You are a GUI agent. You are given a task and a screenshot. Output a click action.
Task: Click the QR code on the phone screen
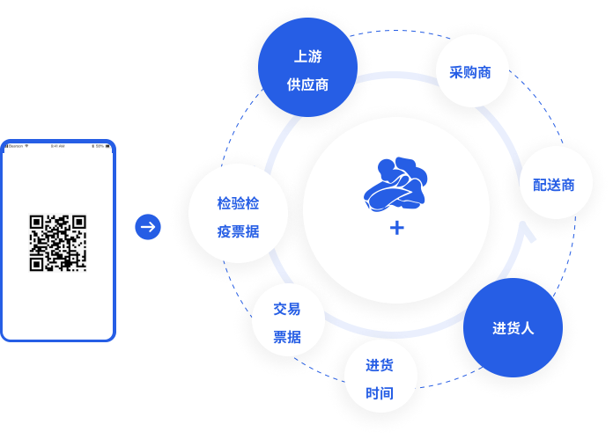[x=58, y=242]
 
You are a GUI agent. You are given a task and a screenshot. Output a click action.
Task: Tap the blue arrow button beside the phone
[x=148, y=227]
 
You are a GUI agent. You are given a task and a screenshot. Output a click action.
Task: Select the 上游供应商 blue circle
[x=307, y=68]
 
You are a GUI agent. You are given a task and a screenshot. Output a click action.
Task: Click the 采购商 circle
[x=472, y=71]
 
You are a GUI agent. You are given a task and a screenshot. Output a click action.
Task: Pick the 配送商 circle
[x=555, y=183]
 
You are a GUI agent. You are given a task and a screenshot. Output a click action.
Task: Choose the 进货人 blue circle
[x=513, y=328]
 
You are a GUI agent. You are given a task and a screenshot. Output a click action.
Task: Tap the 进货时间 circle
[x=380, y=377]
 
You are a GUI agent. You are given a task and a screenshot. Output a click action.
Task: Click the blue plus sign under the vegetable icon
[x=396, y=228]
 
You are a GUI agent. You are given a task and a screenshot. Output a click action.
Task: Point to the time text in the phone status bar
[x=58, y=146]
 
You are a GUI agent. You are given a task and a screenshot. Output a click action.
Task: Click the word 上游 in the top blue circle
[x=307, y=56]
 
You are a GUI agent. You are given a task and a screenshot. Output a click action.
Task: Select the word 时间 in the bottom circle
[x=380, y=392]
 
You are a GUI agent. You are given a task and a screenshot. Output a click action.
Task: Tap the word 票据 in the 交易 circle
[x=287, y=336]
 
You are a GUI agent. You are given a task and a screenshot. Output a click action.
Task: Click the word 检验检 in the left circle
[x=238, y=203]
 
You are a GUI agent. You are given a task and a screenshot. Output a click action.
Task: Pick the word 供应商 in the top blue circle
[x=307, y=85]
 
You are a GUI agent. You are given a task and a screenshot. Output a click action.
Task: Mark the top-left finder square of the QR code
[x=36, y=221]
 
